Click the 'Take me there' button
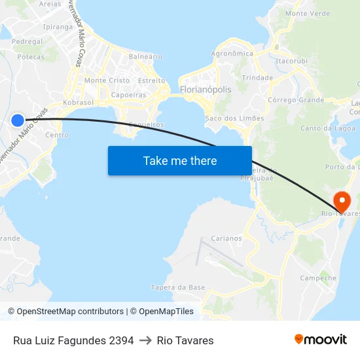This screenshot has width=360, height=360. point(180,160)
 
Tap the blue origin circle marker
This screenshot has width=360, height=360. point(18,120)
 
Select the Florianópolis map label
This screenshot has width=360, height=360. point(205,90)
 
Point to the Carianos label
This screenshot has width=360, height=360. point(226,238)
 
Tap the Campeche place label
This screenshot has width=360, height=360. point(318,278)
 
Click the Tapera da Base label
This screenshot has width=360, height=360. point(178,287)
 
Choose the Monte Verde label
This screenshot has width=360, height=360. point(308,13)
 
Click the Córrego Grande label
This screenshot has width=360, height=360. point(297,100)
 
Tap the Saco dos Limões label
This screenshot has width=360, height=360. point(234,118)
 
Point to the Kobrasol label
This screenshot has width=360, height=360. point(78,103)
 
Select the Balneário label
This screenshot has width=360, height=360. point(145,57)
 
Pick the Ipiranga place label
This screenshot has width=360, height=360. point(58,27)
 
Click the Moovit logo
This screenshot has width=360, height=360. point(320,339)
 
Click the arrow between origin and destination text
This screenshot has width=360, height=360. point(145,340)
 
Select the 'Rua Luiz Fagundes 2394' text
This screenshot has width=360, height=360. point(73,340)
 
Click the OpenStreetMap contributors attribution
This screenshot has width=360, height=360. point(65,312)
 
